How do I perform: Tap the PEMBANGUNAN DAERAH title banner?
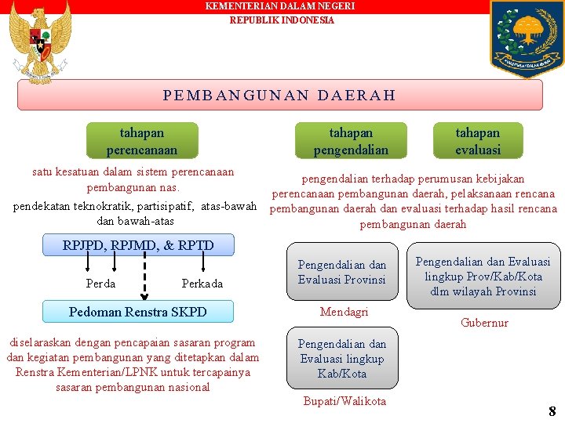pyautogui.click(x=280, y=96)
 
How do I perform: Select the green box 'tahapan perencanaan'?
pyautogui.click(x=142, y=141)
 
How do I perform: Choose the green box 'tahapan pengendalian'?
pyautogui.click(x=351, y=141)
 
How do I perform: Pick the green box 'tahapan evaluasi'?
pyautogui.click(x=478, y=141)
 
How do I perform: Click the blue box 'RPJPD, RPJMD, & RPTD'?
pyautogui.click(x=138, y=245)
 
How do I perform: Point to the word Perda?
pyautogui.click(x=100, y=284)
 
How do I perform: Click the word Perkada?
pyautogui.click(x=202, y=284)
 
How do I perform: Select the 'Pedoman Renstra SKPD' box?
pyautogui.click(x=138, y=312)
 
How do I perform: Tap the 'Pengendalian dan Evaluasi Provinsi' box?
pyautogui.click(x=342, y=272)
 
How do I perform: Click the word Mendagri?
pyautogui.click(x=344, y=312)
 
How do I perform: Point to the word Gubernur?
pyautogui.click(x=484, y=323)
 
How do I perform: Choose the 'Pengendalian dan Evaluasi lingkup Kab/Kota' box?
pyautogui.click(x=342, y=359)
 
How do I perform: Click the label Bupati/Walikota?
pyautogui.click(x=344, y=401)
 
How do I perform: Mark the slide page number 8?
pyautogui.click(x=552, y=410)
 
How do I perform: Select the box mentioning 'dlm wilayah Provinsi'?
pyautogui.click(x=483, y=277)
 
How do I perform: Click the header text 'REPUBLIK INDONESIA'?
pyautogui.click(x=282, y=20)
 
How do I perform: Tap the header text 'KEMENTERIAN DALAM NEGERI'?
pyautogui.click(x=280, y=6)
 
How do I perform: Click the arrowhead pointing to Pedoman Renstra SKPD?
pyautogui.click(x=144, y=296)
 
